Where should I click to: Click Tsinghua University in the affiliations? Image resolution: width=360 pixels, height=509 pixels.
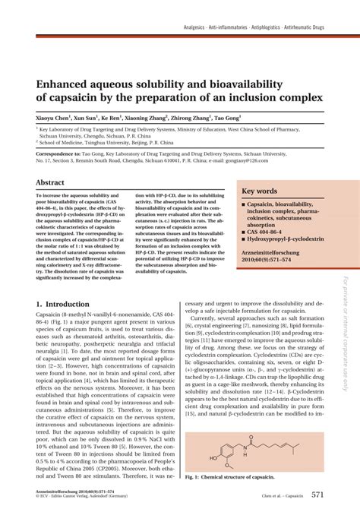[x=112, y=141]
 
